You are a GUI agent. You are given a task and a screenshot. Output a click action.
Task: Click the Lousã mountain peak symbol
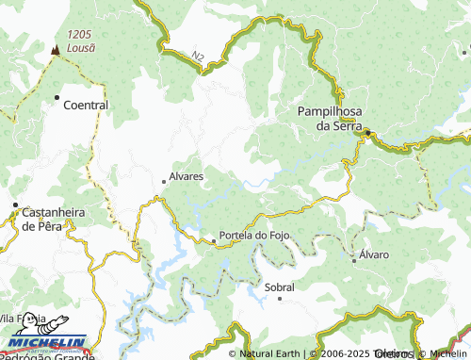(x=57, y=49)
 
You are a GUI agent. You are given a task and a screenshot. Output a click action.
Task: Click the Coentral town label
(x=85, y=106)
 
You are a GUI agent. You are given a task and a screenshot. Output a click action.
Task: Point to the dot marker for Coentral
(x=57, y=97)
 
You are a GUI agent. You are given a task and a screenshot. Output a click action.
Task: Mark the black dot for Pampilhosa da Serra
(x=369, y=132)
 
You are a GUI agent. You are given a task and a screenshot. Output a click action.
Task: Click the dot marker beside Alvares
(x=164, y=182)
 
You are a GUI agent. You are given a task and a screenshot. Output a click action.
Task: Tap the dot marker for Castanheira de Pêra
(x=15, y=204)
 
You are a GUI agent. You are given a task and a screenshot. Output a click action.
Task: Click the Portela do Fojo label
(x=253, y=235)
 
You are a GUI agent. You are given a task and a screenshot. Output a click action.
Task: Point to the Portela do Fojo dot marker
(x=213, y=242)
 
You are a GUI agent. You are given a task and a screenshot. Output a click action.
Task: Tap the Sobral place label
(x=280, y=286)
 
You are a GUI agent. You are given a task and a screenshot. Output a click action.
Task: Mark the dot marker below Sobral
(x=280, y=299)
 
